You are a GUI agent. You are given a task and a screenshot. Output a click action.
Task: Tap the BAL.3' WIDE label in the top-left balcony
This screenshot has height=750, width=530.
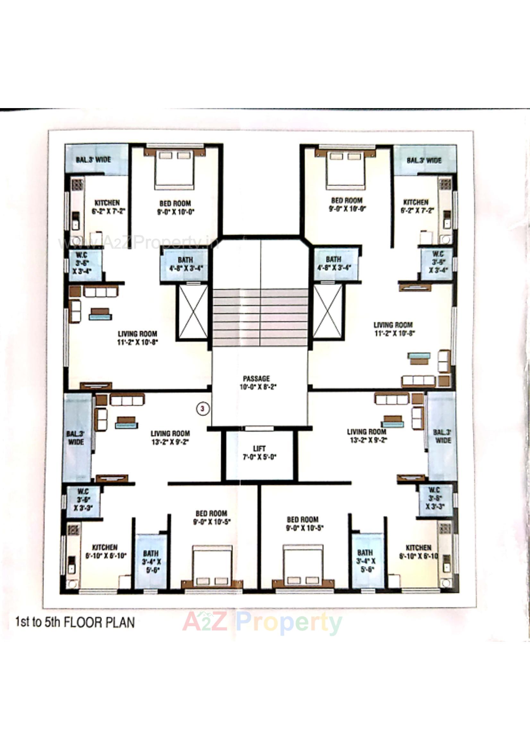[93, 160]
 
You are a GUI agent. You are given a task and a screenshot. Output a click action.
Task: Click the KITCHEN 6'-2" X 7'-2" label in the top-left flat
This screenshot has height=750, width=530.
[108, 207]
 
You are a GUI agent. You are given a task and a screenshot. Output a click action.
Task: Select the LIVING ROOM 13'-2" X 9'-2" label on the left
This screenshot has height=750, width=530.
[170, 437]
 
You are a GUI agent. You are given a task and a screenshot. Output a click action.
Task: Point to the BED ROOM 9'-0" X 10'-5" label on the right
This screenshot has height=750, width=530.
[303, 523]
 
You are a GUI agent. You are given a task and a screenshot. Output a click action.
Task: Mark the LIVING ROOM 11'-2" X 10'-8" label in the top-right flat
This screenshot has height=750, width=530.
[393, 329]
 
